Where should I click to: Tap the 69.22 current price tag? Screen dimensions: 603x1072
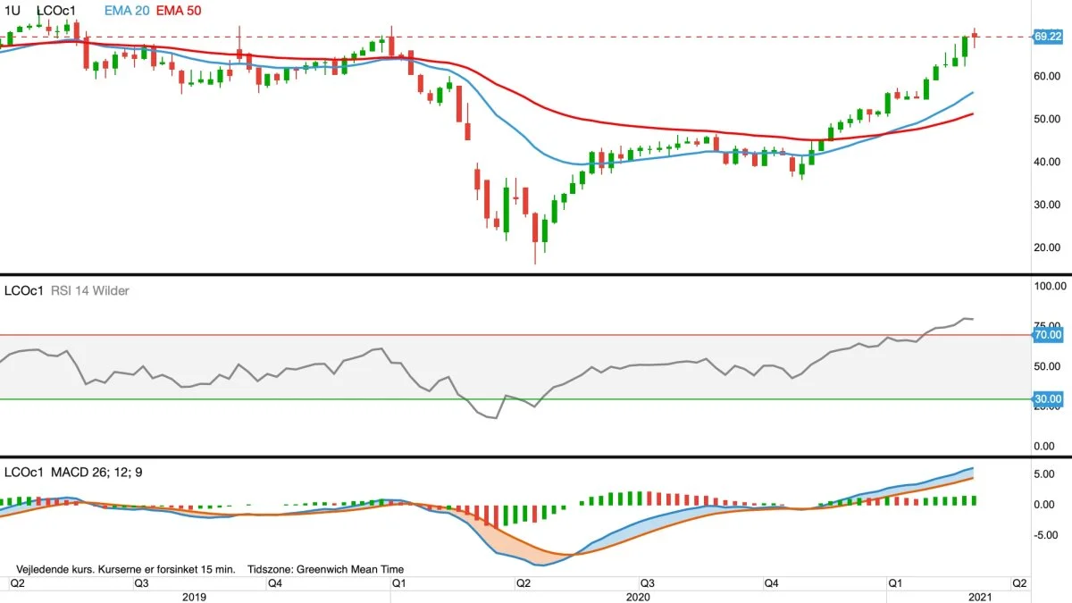tap(1047, 37)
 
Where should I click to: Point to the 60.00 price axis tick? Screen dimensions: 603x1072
tap(1046, 76)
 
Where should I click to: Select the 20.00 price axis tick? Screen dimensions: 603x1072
tap(1046, 247)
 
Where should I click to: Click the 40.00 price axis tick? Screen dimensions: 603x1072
tap(1046, 162)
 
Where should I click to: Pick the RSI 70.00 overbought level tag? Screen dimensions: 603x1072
tap(1047, 334)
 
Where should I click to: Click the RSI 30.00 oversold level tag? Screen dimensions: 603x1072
tap(1047, 398)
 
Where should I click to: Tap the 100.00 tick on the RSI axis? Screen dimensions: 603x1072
tap(1049, 287)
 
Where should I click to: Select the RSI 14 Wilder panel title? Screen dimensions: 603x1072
tap(86, 290)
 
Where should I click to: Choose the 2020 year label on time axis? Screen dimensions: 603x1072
tap(637, 596)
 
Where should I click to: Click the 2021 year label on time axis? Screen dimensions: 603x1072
tap(980, 596)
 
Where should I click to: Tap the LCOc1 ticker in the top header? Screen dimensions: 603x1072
tap(56, 10)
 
